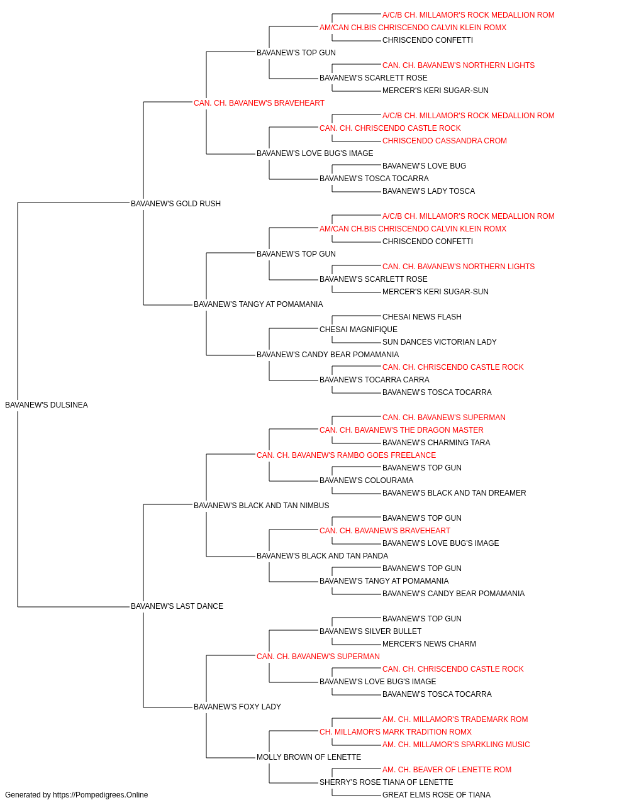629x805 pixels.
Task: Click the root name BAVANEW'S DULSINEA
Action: point(47,405)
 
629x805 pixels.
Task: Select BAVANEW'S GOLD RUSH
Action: point(175,203)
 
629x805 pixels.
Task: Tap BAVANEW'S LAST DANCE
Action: point(177,606)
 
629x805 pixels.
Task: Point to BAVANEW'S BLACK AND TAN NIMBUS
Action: point(261,505)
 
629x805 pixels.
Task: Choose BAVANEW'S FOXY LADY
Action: point(237,707)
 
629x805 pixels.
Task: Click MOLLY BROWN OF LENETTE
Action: point(309,757)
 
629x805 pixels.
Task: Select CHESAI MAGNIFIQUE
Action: point(358,330)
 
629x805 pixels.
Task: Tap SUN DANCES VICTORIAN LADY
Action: point(439,342)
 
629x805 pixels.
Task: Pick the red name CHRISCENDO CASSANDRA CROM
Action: point(445,141)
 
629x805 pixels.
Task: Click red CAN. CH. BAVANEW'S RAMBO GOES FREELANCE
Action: point(346,455)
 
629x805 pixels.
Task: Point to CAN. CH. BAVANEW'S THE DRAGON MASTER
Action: point(401,430)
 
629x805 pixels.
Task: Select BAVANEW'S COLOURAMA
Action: point(366,480)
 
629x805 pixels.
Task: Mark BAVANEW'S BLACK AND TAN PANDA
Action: point(322,556)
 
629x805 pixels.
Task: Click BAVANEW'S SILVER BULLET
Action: point(370,631)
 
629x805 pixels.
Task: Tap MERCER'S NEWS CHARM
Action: point(429,644)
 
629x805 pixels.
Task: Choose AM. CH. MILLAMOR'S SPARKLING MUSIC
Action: point(456,745)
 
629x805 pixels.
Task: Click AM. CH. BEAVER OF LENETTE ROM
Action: point(447,770)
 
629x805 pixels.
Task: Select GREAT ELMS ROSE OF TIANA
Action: point(437,795)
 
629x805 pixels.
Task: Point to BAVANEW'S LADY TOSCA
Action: point(428,191)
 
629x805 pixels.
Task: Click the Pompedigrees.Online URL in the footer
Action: point(100,795)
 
